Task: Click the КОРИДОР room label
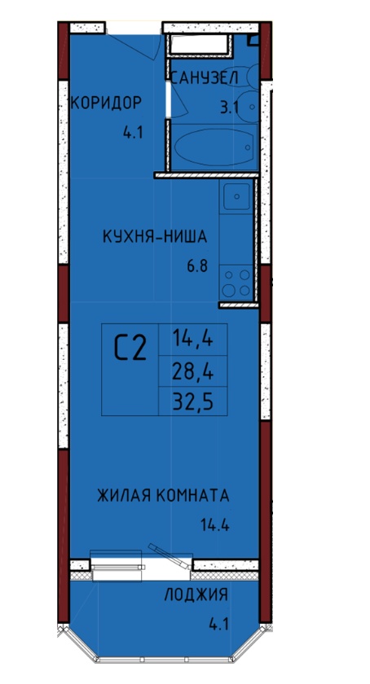click(x=106, y=103)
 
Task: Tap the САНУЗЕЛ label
click(x=204, y=78)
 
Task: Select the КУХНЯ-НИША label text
click(x=155, y=237)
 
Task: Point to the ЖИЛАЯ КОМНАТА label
click(x=163, y=496)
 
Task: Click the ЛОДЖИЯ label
click(x=196, y=595)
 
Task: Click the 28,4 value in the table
click(x=192, y=371)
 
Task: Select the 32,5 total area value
click(x=192, y=402)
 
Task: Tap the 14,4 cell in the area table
click(x=192, y=339)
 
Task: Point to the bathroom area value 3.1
click(x=229, y=107)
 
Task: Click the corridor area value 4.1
click(x=133, y=133)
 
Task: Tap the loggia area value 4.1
click(x=219, y=625)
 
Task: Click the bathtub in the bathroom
click(x=214, y=147)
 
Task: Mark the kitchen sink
click(x=237, y=197)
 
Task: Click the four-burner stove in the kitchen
click(x=236, y=283)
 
